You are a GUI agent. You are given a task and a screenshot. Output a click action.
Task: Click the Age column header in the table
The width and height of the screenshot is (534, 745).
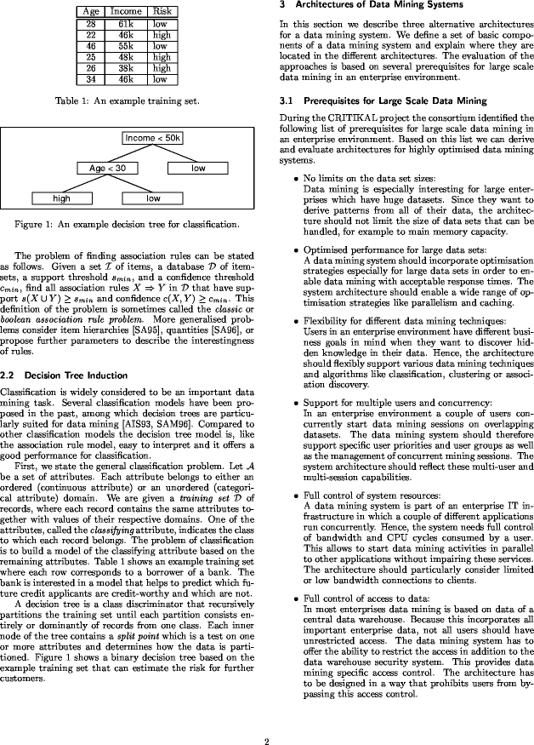click(x=90, y=11)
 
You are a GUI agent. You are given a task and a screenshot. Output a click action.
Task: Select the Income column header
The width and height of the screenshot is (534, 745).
click(x=126, y=11)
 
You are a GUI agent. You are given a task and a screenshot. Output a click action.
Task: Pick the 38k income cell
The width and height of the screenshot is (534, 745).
click(x=126, y=68)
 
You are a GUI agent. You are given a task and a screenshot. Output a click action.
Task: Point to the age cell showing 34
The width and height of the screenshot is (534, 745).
click(x=90, y=79)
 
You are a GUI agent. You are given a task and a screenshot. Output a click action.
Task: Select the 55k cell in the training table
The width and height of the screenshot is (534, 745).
click(x=126, y=47)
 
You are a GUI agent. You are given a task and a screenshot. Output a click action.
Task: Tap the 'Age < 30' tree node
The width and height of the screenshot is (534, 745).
click(x=107, y=169)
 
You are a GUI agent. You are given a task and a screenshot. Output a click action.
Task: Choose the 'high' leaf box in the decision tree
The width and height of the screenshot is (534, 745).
click(x=61, y=198)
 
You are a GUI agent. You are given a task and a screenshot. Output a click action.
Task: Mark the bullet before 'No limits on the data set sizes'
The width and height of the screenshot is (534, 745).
click(x=295, y=178)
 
